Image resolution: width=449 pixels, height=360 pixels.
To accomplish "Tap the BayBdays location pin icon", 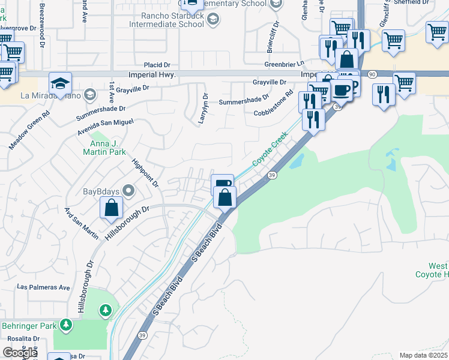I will pyautogui.click(x=128, y=191).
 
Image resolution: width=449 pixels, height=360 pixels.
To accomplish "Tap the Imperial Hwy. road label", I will pyautogui.click(x=152, y=74).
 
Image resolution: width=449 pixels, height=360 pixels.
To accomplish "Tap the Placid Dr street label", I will pyautogui.click(x=157, y=65).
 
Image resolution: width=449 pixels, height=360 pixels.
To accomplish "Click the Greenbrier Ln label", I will pyautogui.click(x=285, y=64).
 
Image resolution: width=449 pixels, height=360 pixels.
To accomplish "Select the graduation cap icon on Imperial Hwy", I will pyautogui.click(x=60, y=84).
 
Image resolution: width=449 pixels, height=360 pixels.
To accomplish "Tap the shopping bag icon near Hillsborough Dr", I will pyautogui.click(x=112, y=208).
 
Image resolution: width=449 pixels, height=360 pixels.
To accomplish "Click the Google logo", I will pyautogui.click(x=20, y=352).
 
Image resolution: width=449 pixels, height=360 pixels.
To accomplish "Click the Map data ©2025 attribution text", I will pyautogui.click(x=423, y=355).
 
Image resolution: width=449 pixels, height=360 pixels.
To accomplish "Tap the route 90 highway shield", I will pyautogui.click(x=372, y=73).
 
